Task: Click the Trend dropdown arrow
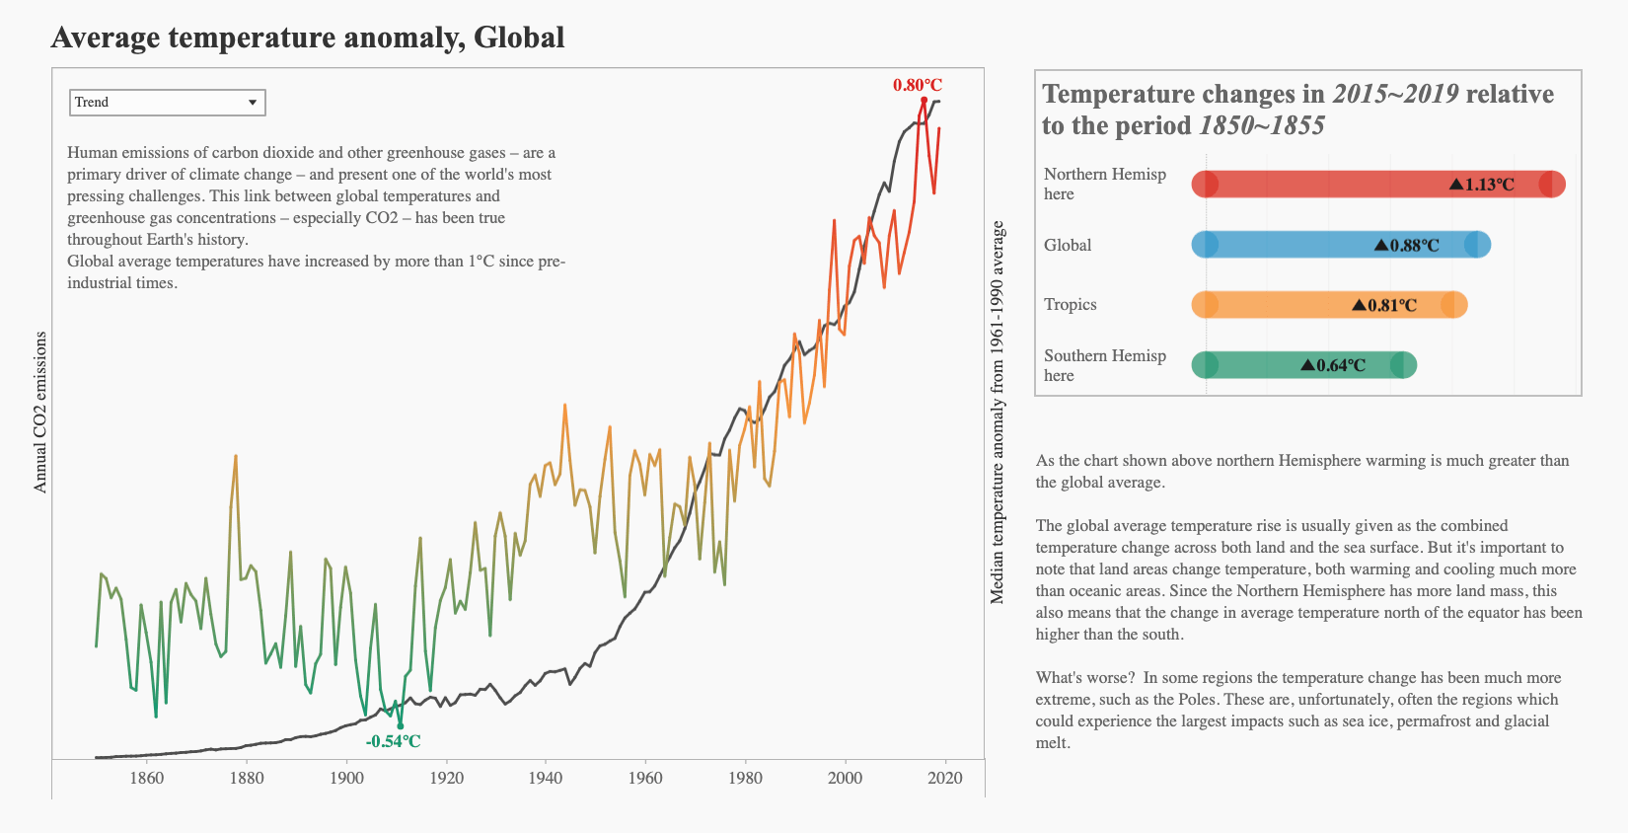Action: coord(253,103)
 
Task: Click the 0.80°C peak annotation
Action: coord(918,86)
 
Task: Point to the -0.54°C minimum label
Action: coord(393,741)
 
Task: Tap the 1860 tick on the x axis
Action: coord(147,778)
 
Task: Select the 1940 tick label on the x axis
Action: coord(546,778)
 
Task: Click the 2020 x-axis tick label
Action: coord(945,778)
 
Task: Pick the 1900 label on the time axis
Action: coord(346,778)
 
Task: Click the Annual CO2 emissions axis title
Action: coord(40,413)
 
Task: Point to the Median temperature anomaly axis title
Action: coord(998,413)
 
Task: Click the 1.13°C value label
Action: coord(1482,185)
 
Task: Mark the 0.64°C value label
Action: coord(1334,365)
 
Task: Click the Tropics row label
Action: coord(1071,304)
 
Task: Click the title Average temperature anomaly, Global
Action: coord(308,38)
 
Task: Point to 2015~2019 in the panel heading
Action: coord(1395,94)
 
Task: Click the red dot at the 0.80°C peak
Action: coord(925,100)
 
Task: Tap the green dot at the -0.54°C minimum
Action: coord(400,725)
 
